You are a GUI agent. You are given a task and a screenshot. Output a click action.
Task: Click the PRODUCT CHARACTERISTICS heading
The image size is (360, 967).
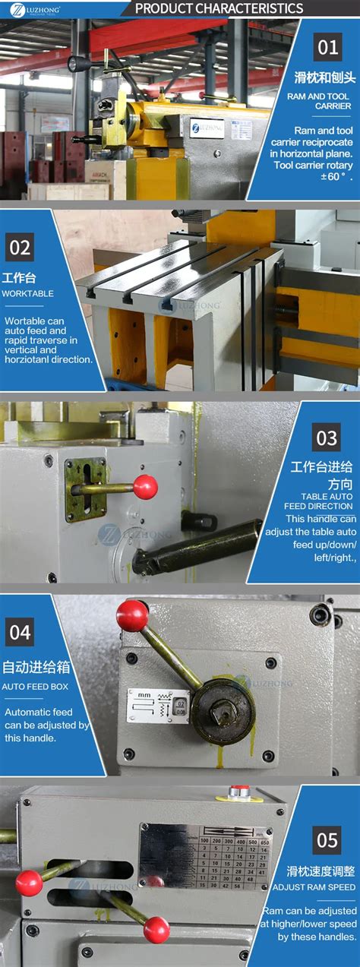(x=218, y=8)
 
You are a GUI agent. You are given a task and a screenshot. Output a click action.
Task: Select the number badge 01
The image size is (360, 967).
(x=327, y=48)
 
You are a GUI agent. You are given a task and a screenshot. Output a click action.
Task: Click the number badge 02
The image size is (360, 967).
(x=20, y=248)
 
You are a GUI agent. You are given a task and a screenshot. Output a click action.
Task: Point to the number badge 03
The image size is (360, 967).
(x=327, y=438)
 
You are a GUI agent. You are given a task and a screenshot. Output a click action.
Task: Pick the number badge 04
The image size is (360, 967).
(x=20, y=632)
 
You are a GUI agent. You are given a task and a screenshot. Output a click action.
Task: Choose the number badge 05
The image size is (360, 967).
(x=327, y=840)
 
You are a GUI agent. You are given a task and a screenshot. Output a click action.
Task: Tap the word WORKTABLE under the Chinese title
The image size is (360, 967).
(x=28, y=293)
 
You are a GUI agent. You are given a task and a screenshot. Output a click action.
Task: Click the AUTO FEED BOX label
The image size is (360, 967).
(x=35, y=686)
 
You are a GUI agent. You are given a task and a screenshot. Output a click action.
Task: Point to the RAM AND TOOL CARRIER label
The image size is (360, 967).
(x=319, y=101)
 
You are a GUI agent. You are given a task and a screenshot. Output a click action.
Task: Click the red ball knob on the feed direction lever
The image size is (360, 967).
(x=145, y=486)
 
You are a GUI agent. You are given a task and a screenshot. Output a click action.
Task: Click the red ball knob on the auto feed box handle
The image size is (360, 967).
(x=132, y=615)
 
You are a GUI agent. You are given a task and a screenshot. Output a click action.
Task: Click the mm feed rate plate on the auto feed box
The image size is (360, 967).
(x=157, y=705)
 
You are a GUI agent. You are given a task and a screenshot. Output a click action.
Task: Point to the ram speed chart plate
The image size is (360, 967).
(x=205, y=857)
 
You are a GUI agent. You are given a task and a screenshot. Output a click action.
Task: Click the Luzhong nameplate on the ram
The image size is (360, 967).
(x=207, y=128)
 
